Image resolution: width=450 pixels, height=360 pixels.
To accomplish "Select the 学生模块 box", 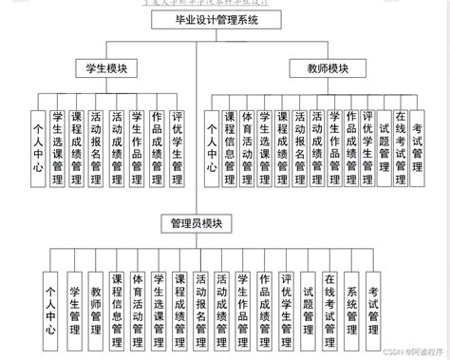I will (104, 68).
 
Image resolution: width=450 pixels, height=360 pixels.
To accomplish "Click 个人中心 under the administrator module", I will (51, 306).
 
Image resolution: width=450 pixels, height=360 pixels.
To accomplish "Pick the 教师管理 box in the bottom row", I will (95, 306).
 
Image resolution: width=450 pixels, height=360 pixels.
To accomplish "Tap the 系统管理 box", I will (352, 306).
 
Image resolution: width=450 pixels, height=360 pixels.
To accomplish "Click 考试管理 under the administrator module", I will (374, 306).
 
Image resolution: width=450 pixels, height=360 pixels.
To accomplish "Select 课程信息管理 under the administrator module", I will (117, 306).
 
